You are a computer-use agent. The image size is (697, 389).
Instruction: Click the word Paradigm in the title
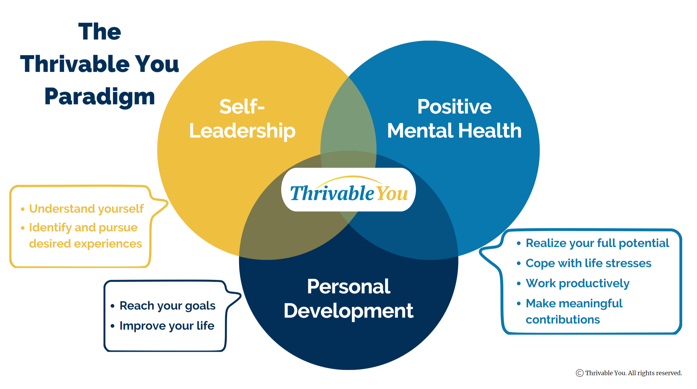click(99, 97)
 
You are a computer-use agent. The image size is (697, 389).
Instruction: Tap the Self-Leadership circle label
click(242, 119)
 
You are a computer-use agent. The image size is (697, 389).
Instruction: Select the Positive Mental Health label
click(454, 119)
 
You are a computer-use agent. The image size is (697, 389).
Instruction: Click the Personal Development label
click(348, 299)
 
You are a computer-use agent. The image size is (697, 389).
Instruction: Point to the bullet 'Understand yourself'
click(86, 209)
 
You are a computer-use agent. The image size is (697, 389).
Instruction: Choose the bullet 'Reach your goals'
click(167, 306)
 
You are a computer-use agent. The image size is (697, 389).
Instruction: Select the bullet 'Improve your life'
click(167, 326)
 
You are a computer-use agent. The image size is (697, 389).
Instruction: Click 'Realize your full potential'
click(597, 243)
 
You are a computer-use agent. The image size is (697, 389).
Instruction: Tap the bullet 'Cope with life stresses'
click(588, 263)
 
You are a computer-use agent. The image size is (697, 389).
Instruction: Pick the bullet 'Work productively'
click(577, 283)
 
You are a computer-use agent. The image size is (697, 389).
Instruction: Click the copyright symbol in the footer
click(579, 373)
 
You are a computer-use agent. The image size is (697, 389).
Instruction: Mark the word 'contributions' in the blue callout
click(563, 319)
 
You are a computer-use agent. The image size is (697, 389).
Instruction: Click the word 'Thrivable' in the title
click(75, 64)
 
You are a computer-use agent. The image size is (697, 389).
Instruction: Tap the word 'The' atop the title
click(99, 32)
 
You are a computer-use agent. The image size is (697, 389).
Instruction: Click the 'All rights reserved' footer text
click(655, 373)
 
